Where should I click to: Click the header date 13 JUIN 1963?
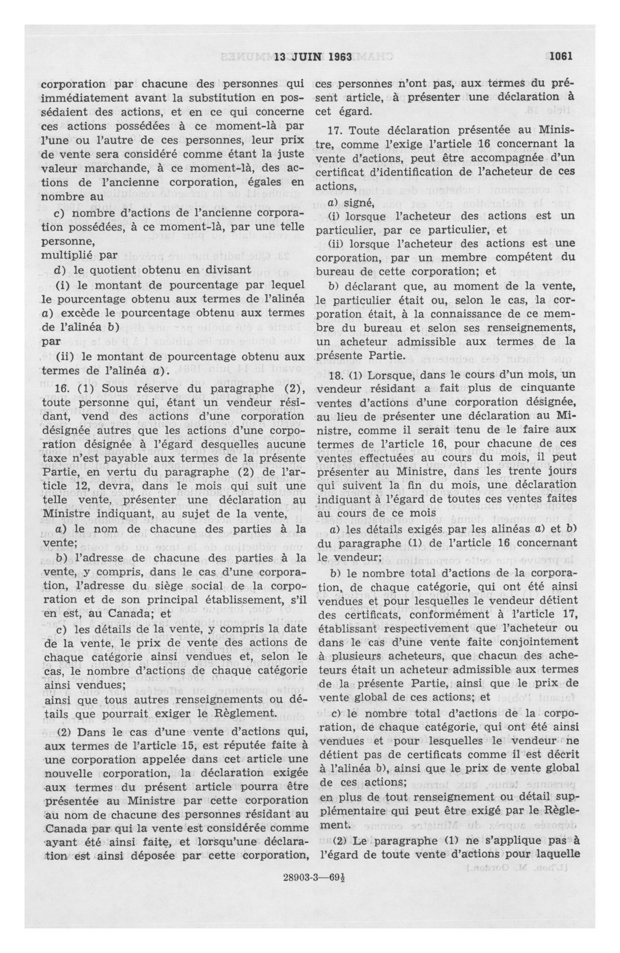pyautogui.click(x=313, y=57)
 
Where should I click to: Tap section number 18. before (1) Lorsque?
pyautogui.click(x=334, y=374)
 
